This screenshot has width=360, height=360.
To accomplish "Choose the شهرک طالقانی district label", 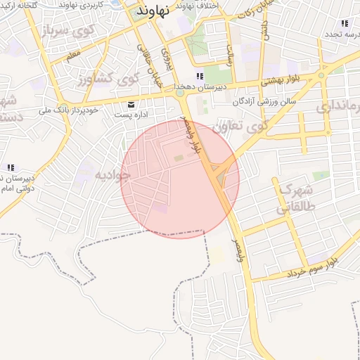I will coord(294,199).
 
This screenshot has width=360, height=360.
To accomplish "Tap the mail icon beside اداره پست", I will coord(131,105).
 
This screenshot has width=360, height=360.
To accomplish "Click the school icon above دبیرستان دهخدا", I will coord(200,76).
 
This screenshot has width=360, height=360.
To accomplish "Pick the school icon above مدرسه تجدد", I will coord(344,23).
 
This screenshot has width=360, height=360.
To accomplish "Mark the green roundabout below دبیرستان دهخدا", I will coord(179,93).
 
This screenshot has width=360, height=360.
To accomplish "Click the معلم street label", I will coord(72,52).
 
